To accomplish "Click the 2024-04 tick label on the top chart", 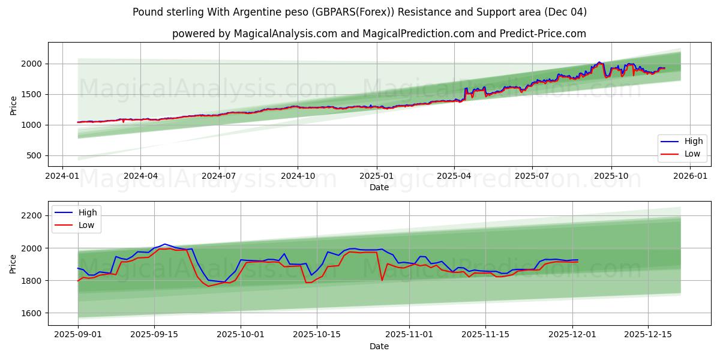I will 140,176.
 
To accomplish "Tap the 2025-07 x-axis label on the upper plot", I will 532,176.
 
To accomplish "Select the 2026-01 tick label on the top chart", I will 690,176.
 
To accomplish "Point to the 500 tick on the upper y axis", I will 35,155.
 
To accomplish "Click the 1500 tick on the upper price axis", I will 32,94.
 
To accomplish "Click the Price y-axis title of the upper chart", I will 13,104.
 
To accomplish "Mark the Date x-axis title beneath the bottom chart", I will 379,346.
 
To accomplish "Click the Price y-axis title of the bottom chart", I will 13,263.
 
